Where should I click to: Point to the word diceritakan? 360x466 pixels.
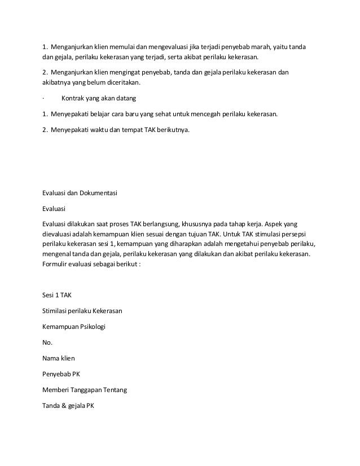click(x=119, y=83)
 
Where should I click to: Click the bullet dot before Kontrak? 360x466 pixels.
click(x=43, y=99)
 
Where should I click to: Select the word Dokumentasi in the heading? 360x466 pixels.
click(x=96, y=194)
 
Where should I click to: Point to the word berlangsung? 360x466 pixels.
click(x=147, y=225)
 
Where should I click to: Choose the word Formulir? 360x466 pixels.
click(x=56, y=267)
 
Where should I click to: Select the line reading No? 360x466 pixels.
click(x=47, y=342)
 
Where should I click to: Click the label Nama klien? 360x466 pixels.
click(x=58, y=358)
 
